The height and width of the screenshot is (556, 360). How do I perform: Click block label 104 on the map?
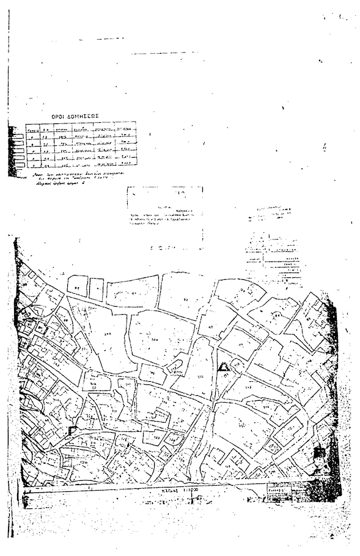[154, 337]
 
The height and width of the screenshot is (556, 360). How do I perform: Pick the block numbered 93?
[186, 299]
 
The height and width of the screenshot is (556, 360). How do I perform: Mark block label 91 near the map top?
[77, 287]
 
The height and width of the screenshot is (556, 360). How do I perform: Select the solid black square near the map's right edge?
[318, 453]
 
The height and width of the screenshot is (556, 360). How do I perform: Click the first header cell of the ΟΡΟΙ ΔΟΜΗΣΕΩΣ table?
[30, 130]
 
